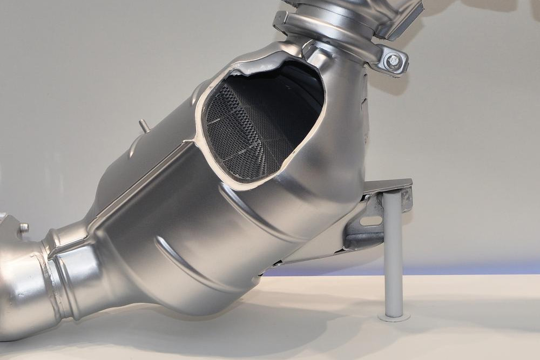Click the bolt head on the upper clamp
[394, 61]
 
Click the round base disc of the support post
[394, 316]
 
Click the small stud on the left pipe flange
[24, 228]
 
